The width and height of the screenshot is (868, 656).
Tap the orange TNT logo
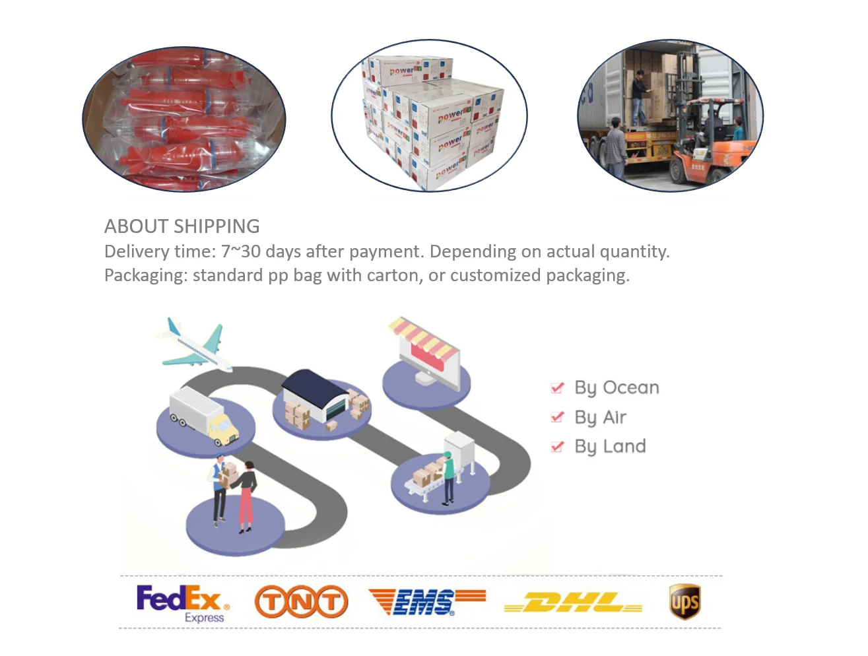(x=301, y=601)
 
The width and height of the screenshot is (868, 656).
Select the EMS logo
(x=426, y=601)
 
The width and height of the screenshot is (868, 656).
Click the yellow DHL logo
(x=573, y=603)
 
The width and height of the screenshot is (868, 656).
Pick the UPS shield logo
(x=684, y=601)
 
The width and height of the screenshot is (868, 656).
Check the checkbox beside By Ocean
(x=557, y=387)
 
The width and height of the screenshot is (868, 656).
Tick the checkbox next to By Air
(x=557, y=417)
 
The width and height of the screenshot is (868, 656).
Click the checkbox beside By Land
(x=557, y=447)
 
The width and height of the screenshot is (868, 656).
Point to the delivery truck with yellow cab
(x=203, y=415)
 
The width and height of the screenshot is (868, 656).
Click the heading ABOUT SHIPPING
(x=182, y=226)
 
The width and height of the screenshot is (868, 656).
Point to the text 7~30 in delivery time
(x=240, y=251)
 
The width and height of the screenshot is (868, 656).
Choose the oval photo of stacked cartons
(x=429, y=115)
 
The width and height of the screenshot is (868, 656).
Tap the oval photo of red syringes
(x=184, y=119)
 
